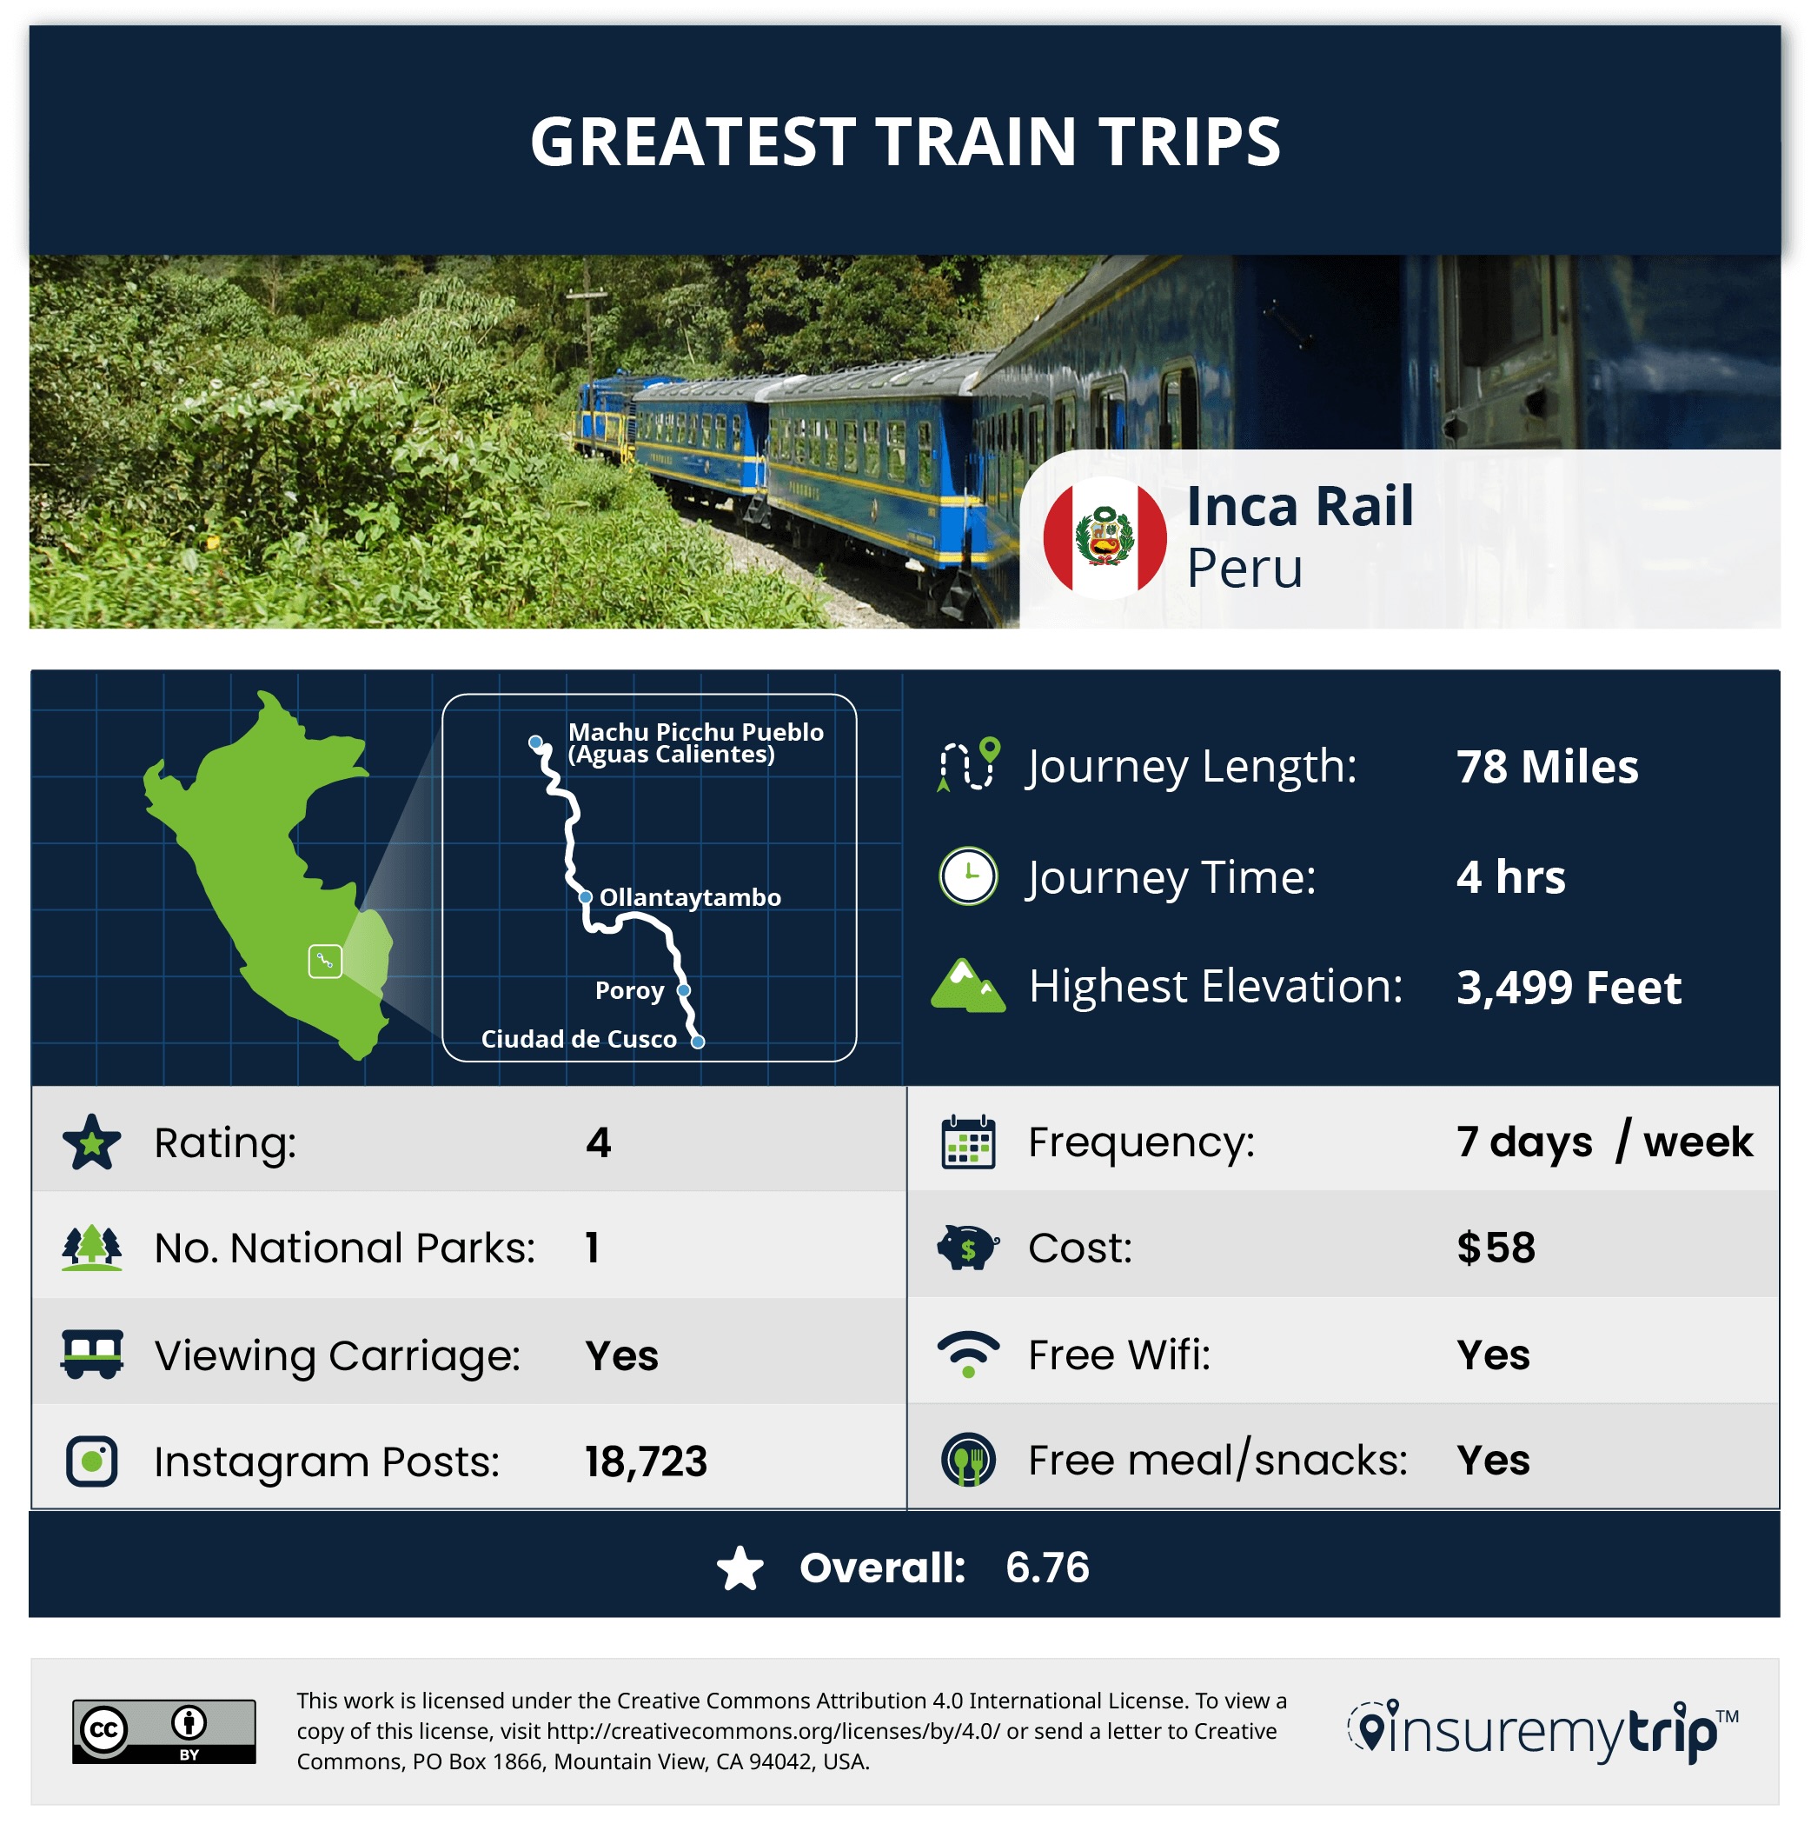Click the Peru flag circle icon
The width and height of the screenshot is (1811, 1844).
[1105, 537]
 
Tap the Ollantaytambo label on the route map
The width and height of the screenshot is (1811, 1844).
[690, 897]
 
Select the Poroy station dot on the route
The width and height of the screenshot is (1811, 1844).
[683, 990]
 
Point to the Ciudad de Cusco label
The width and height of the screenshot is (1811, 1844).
[578, 1039]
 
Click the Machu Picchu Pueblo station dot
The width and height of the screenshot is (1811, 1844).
[535, 742]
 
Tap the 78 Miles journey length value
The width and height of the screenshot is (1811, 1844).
[1547, 766]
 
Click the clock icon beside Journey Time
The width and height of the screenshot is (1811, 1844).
[968, 875]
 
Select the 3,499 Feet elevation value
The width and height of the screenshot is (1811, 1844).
[1569, 987]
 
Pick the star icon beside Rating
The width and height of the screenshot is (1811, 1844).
[91, 1142]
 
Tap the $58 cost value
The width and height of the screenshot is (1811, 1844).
[1496, 1248]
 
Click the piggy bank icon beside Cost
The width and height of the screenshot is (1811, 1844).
[967, 1248]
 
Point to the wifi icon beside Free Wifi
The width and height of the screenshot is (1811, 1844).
[968, 1354]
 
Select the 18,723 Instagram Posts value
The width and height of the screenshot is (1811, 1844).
[646, 1461]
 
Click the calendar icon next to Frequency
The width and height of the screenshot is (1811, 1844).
[968, 1142]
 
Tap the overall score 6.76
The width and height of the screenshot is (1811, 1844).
[1047, 1568]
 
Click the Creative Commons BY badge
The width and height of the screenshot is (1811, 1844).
[163, 1731]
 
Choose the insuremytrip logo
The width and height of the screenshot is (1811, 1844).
[1542, 1732]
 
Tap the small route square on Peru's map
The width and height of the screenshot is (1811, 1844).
[325, 961]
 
